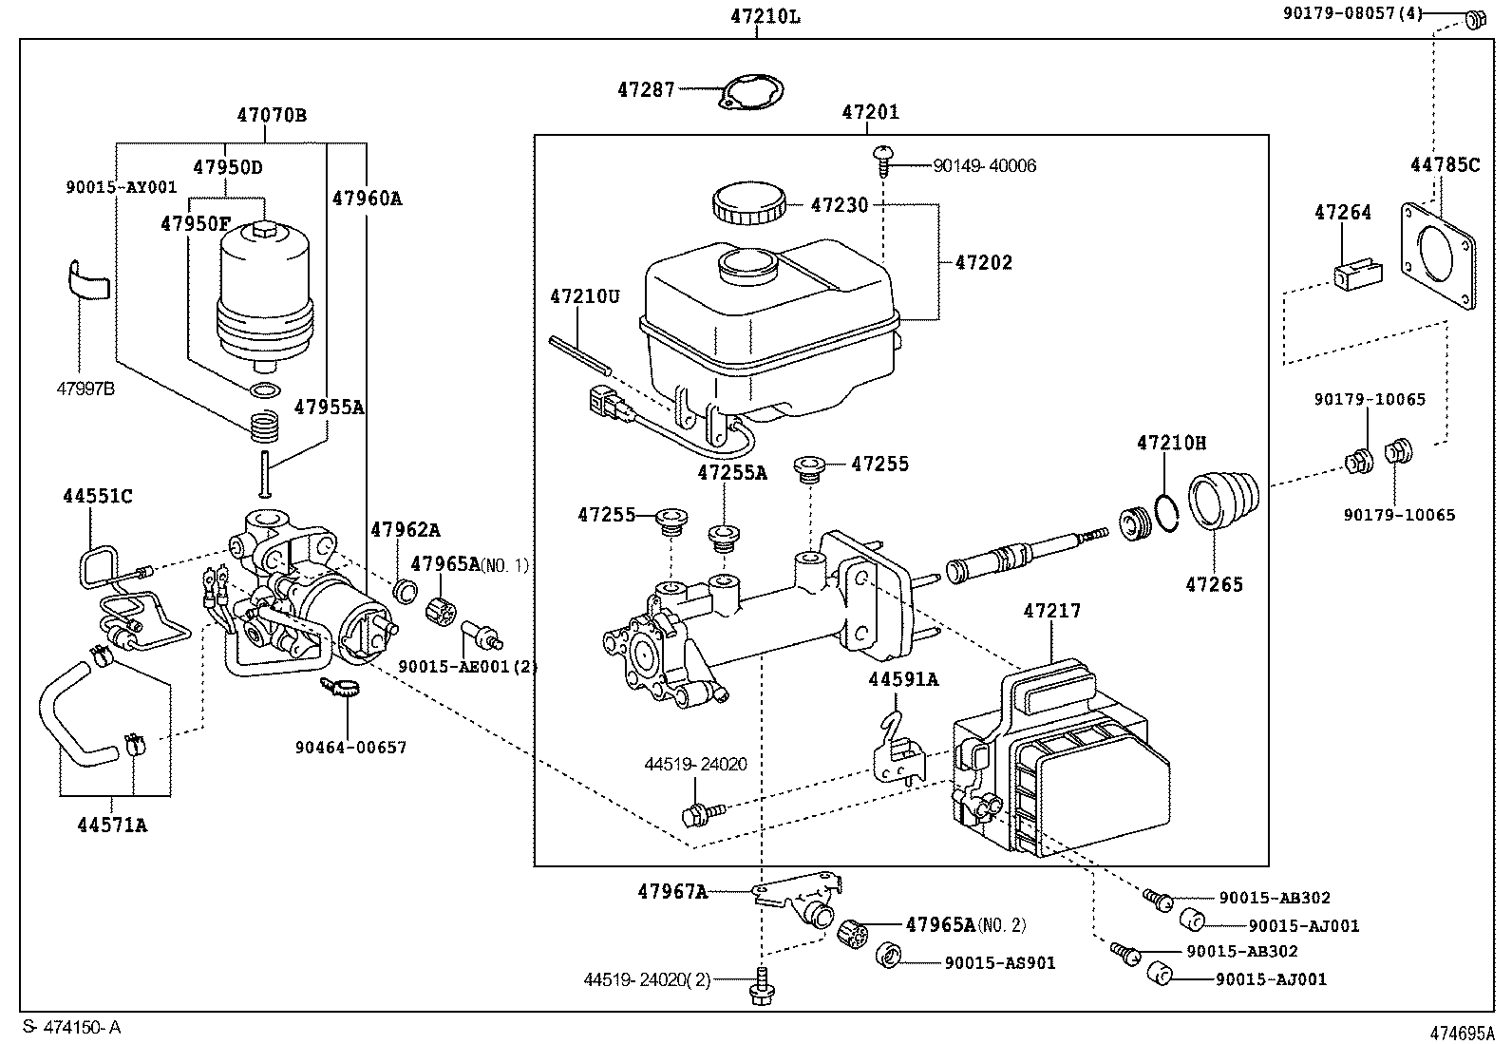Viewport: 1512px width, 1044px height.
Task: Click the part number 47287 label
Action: (646, 89)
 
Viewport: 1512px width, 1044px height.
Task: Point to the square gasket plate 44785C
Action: (1440, 255)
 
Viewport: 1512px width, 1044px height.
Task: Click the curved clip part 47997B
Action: (88, 280)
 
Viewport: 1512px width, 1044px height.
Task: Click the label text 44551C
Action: (98, 496)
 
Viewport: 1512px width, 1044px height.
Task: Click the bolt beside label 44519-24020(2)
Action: (760, 984)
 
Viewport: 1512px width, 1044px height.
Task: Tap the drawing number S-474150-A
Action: (71, 1027)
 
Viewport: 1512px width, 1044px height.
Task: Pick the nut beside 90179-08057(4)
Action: (1475, 18)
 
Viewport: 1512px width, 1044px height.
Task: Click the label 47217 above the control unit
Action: (1051, 611)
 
